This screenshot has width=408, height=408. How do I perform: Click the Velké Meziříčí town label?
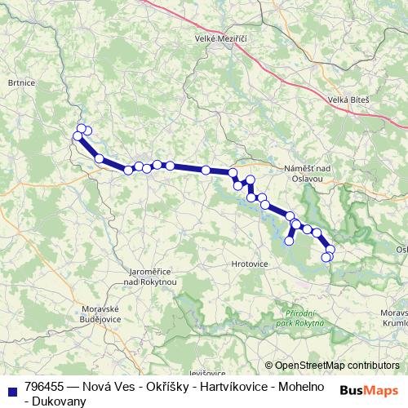pyautogui.click(x=220, y=38)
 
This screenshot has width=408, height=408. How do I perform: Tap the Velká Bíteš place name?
pyautogui.click(x=348, y=100)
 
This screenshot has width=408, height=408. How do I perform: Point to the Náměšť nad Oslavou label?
pyautogui.click(x=305, y=172)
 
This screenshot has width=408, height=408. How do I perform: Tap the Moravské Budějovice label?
pyautogui.click(x=102, y=313)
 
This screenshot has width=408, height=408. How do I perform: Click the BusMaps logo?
pyautogui.click(x=368, y=390)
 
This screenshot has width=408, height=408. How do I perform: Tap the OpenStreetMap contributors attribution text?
pyautogui.click(x=337, y=366)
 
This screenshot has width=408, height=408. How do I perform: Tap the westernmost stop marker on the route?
pyautogui.click(x=78, y=136)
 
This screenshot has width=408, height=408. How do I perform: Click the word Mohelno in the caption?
pyautogui.click(x=298, y=386)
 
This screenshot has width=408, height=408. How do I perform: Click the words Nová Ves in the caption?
pyautogui.click(x=104, y=386)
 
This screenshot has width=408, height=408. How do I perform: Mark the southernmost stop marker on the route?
pyautogui.click(x=326, y=258)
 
